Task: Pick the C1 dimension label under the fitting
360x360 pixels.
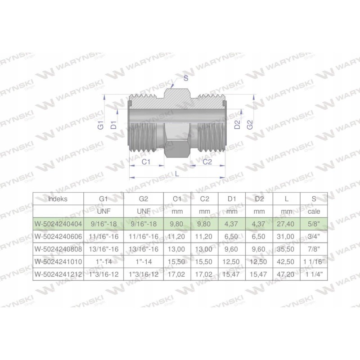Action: click(146, 162)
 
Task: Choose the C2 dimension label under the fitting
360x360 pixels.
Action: click(207, 162)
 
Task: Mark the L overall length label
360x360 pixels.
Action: click(176, 173)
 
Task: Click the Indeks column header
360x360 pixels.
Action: click(58, 199)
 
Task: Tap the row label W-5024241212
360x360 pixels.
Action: click(58, 273)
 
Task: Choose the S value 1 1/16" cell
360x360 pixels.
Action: click(314, 261)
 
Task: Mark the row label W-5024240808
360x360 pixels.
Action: click(58, 248)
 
